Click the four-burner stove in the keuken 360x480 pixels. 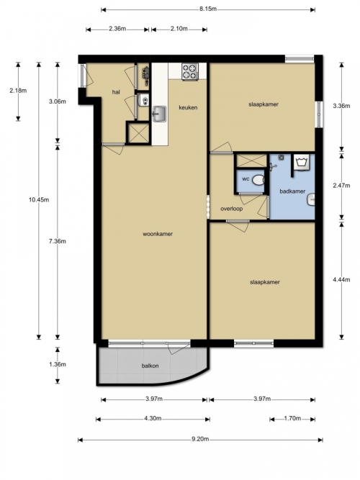click(x=190, y=72)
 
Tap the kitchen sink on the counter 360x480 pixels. click(x=159, y=114)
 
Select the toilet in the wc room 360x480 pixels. click(x=258, y=180)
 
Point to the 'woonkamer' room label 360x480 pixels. click(x=158, y=234)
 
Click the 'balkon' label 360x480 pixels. click(x=150, y=366)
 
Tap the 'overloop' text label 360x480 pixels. click(x=232, y=209)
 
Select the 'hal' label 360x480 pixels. click(x=116, y=92)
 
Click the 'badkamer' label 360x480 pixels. click(x=292, y=191)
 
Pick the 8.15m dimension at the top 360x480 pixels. click(x=208, y=9)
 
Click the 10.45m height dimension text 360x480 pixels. click(x=39, y=200)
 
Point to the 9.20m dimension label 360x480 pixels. click(x=200, y=439)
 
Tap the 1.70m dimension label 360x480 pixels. click(x=292, y=418)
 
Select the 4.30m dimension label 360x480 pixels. click(x=153, y=418)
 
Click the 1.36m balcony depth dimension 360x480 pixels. click(x=58, y=365)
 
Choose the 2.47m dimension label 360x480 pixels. click(x=341, y=186)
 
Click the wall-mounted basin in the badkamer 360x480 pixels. click(x=310, y=200)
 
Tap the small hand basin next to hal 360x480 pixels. click(x=144, y=100)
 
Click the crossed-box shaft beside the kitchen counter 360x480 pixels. click(x=138, y=133)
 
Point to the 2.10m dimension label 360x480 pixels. click(x=179, y=29)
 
